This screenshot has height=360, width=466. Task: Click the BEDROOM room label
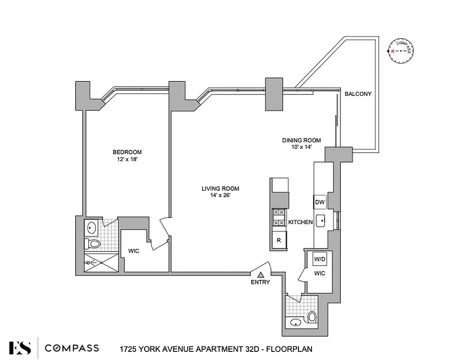click(x=127, y=152)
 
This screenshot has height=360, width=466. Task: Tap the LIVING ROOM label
click(x=220, y=189)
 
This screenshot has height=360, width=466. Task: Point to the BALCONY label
click(x=358, y=94)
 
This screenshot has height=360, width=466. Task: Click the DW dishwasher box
click(x=320, y=202)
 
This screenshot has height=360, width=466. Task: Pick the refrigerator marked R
click(x=279, y=240)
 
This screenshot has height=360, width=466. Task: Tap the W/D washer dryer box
click(x=320, y=259)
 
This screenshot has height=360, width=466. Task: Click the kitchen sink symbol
click(x=321, y=220)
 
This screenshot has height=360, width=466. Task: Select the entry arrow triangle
click(x=260, y=274)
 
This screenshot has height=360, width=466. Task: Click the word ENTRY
click(x=260, y=282)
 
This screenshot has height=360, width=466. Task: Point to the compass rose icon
click(x=400, y=51)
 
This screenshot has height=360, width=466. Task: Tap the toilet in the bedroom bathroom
click(x=92, y=244)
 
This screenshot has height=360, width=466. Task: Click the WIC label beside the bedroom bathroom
click(x=133, y=251)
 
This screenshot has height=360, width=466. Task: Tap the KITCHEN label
click(x=300, y=222)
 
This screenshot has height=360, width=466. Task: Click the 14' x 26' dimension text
click(x=220, y=195)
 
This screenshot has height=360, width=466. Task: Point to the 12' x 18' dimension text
click(x=127, y=159)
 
